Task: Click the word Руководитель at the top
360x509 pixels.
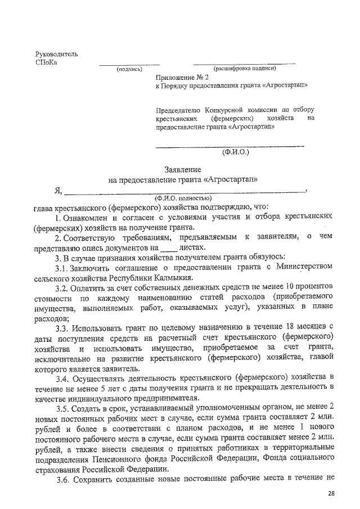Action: click(x=56, y=54)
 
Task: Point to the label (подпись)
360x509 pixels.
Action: click(x=129, y=70)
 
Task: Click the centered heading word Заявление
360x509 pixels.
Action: click(x=182, y=169)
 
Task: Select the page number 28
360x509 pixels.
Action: click(x=331, y=493)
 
